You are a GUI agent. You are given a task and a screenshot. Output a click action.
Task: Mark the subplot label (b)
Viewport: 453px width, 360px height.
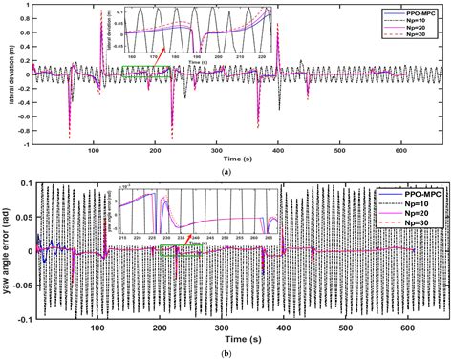pyautogui.click(x=226, y=353)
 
